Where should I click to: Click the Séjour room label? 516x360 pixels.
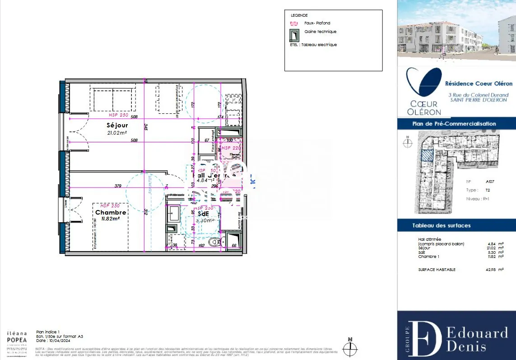(x=117, y=125)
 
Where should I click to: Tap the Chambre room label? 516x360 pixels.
(x=110, y=212)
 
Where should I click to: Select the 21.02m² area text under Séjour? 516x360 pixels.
(x=116, y=133)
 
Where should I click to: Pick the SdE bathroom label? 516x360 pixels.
(x=202, y=214)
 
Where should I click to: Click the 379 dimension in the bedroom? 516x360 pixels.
(x=118, y=186)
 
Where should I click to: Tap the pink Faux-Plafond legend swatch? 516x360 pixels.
(x=294, y=23)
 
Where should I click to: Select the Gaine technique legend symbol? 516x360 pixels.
(x=294, y=35)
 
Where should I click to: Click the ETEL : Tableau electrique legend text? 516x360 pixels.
(x=313, y=45)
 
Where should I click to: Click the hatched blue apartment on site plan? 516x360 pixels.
(x=427, y=155)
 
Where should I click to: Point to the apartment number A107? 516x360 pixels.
(x=490, y=182)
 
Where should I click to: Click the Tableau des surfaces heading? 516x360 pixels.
(x=441, y=225)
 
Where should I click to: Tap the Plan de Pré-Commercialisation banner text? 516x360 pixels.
(x=454, y=124)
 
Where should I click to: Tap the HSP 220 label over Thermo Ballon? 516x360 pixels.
(x=232, y=148)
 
